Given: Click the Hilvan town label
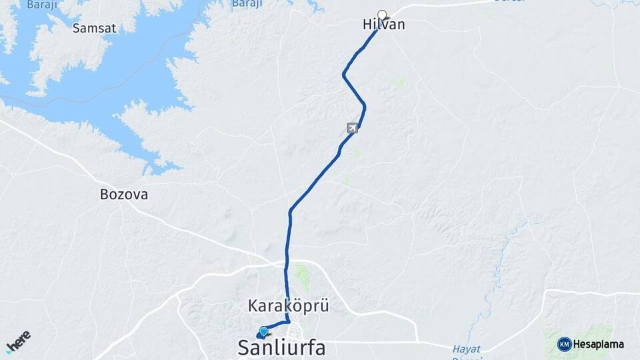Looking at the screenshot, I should pyautogui.click(x=383, y=25).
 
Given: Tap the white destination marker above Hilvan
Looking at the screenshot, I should pyautogui.click(x=382, y=14).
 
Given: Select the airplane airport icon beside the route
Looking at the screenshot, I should pyautogui.click(x=352, y=127).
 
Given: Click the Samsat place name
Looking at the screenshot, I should pyautogui.click(x=94, y=28).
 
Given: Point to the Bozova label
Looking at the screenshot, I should pyautogui.click(x=123, y=195).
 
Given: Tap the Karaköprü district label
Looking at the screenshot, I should pyautogui.click(x=289, y=307).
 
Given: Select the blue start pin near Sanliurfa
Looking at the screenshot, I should pyautogui.click(x=263, y=331).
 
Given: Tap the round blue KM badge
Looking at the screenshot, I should pyautogui.click(x=564, y=344).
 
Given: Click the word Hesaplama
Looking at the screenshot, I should pyautogui.click(x=598, y=345).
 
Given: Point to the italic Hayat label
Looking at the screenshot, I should pyautogui.click(x=466, y=349).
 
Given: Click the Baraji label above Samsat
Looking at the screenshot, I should pyautogui.click(x=42, y=5).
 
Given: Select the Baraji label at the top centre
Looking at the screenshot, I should pyautogui.click(x=247, y=4).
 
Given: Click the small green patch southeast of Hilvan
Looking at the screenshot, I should pyautogui.click(x=399, y=83).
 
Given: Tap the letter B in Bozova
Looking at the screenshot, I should pyautogui.click(x=104, y=195).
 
